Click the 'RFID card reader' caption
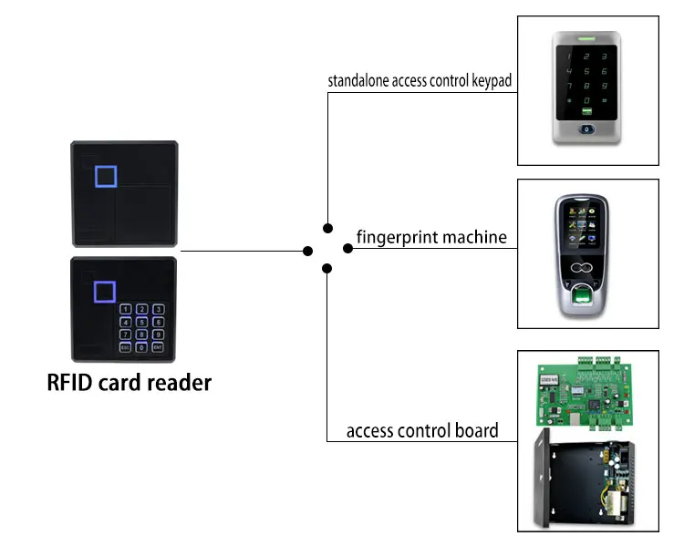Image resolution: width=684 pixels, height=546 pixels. coord(130,383)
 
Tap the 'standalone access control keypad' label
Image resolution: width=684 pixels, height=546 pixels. coord(420,81)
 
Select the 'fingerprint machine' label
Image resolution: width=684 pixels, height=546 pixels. coord(431,237)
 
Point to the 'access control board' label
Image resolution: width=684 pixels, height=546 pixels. coord(422,430)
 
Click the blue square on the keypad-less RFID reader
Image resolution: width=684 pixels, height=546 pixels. coord(106,176)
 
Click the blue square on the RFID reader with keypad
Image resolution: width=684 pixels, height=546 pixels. coord(105,292)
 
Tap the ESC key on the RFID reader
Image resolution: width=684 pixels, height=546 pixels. coord(125,347)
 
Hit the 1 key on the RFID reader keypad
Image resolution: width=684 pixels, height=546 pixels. coord(125,309)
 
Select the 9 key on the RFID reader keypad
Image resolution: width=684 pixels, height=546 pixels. coord(158,335)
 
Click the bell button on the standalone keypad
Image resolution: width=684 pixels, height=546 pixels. coord(586,129)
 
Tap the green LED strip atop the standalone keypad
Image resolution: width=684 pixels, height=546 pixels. coord(586,39)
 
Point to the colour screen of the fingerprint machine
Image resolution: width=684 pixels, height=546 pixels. coord(582,225)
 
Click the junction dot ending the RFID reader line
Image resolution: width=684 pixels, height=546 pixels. coord(307,251)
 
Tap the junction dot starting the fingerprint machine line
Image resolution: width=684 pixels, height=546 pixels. coord(347,249)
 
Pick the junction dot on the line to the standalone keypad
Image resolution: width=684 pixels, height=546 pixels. coord(328,228)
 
